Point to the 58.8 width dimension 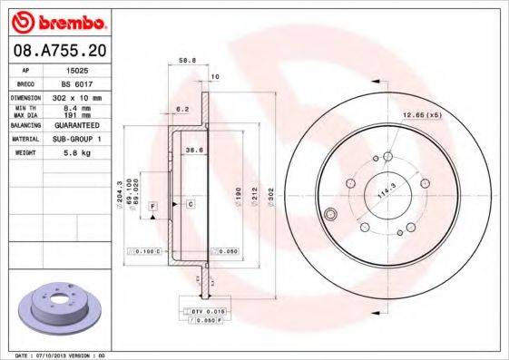(188, 61)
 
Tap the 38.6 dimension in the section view (193, 149)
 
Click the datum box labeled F (152, 208)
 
